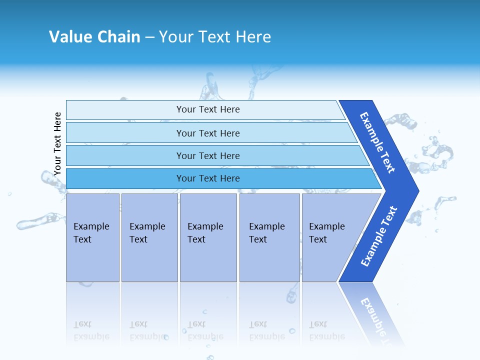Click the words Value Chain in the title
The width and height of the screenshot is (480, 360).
pos(94,37)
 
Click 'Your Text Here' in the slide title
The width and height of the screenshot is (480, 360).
pos(215,37)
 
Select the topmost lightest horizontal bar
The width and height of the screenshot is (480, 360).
pos(125,109)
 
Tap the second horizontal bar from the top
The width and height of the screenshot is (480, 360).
pos(125,133)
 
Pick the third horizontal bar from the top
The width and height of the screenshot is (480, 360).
pos(125,155)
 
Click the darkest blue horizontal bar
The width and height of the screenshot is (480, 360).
pos(125,178)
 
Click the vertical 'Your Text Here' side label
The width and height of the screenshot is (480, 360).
pos(57,144)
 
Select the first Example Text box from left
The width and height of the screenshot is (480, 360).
pos(92,237)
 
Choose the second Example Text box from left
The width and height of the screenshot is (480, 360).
pos(149,237)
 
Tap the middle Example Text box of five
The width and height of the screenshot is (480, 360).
pos(208,237)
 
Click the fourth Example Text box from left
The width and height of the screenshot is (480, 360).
pos(269,237)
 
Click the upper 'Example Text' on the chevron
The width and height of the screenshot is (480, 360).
pos(377,142)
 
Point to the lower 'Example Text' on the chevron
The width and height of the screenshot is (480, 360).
pos(379,236)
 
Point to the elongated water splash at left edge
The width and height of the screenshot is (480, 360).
pos(37,221)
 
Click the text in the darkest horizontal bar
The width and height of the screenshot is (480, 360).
pos(208,178)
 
